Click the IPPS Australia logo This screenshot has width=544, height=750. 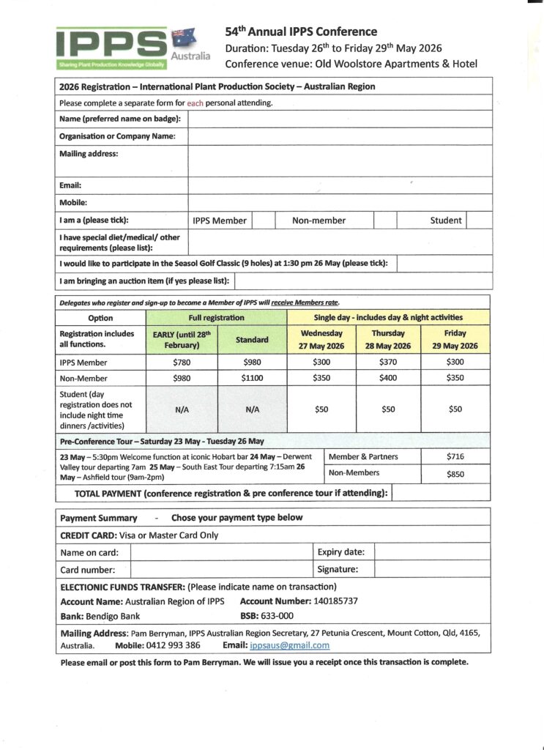132,48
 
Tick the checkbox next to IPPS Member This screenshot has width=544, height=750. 264,220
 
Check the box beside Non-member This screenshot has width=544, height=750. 385,220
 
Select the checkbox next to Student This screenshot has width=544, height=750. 479,220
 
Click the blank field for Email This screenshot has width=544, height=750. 340,185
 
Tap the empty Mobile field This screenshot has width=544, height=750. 340,202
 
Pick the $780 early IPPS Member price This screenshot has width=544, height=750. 182,363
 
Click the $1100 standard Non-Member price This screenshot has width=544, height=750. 252,379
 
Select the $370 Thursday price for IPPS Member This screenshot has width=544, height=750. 388,363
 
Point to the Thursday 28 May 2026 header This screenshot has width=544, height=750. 388,340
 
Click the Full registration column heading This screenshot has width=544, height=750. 217,317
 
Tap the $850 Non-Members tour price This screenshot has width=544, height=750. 455,474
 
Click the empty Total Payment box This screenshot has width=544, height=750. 441,493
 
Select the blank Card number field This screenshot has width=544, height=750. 221,569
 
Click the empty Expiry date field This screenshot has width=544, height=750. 432,552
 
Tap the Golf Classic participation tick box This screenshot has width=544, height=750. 444,263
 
